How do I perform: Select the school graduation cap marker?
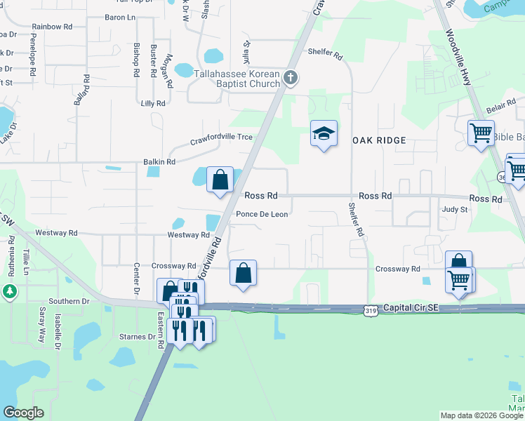pyautogui.click(x=324, y=134)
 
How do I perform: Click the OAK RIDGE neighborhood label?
pyautogui.click(x=379, y=140)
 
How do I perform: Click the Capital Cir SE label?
pyautogui.click(x=408, y=308)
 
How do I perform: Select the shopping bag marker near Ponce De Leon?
pyautogui.click(x=220, y=180)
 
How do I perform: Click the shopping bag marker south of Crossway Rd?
pyautogui.click(x=243, y=273)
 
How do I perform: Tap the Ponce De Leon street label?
pyautogui.click(x=261, y=215)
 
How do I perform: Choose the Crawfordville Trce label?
pyautogui.click(x=221, y=140)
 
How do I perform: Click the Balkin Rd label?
pyautogui.click(x=159, y=162)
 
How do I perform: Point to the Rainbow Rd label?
pyautogui.click(x=52, y=27)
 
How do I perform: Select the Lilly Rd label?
pyautogui.click(x=152, y=103)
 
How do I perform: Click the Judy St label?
pyautogui.click(x=454, y=209)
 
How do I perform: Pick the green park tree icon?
pyautogui.click(x=9, y=290)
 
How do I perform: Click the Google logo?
pyautogui.click(x=24, y=413)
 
